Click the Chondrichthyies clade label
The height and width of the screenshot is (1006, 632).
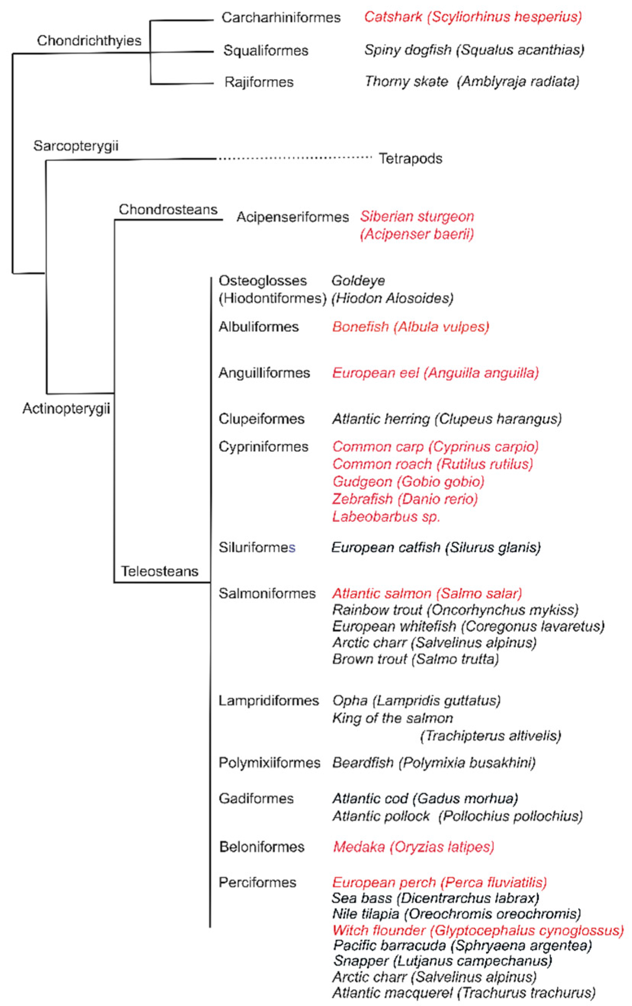click(89, 40)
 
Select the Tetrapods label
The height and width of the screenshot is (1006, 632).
click(410, 159)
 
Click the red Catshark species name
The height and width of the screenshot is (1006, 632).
click(472, 17)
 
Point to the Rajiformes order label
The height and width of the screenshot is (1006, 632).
click(259, 82)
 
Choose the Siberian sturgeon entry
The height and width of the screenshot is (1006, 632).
click(417, 225)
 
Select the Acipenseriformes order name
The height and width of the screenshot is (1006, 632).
click(293, 217)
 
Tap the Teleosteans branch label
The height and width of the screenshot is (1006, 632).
click(160, 571)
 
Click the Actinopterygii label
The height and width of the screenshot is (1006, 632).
click(66, 408)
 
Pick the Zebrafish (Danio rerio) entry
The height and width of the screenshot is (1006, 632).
click(405, 499)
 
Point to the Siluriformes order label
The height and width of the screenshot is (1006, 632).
click(257, 547)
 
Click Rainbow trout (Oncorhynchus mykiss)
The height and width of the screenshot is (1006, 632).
click(455, 610)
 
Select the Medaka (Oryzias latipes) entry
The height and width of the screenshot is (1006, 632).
click(413, 847)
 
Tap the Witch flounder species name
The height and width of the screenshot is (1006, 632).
click(478, 931)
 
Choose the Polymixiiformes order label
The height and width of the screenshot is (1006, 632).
click(269, 763)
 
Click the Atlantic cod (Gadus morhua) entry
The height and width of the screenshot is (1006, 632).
click(425, 798)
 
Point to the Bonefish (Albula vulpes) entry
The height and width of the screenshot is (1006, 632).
click(410, 327)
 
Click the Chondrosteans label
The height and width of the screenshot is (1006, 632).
click(168, 209)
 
